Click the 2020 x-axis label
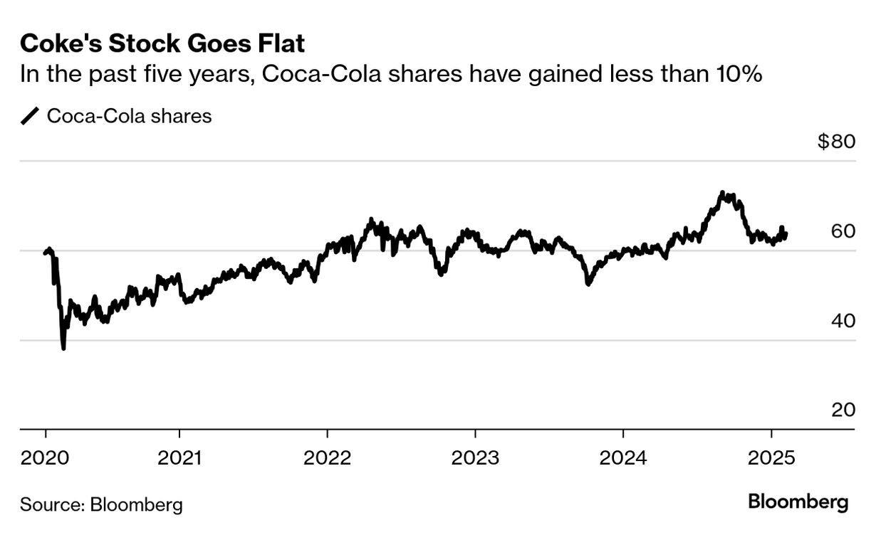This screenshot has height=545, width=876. click(46, 457)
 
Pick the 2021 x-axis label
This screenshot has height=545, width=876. click(179, 457)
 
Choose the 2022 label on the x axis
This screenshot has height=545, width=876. click(327, 457)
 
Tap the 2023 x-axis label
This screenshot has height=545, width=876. click(475, 457)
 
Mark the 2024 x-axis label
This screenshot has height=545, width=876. click(622, 457)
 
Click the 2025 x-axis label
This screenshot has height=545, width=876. click(771, 457)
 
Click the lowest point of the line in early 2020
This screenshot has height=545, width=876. click(64, 348)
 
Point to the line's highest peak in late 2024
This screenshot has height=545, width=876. click(722, 192)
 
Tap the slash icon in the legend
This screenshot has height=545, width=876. click(31, 116)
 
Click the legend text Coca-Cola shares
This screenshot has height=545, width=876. click(129, 116)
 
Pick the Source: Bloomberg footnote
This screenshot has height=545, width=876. click(101, 505)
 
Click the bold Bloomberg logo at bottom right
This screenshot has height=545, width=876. click(798, 502)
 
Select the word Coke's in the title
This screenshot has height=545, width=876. click(56, 44)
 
